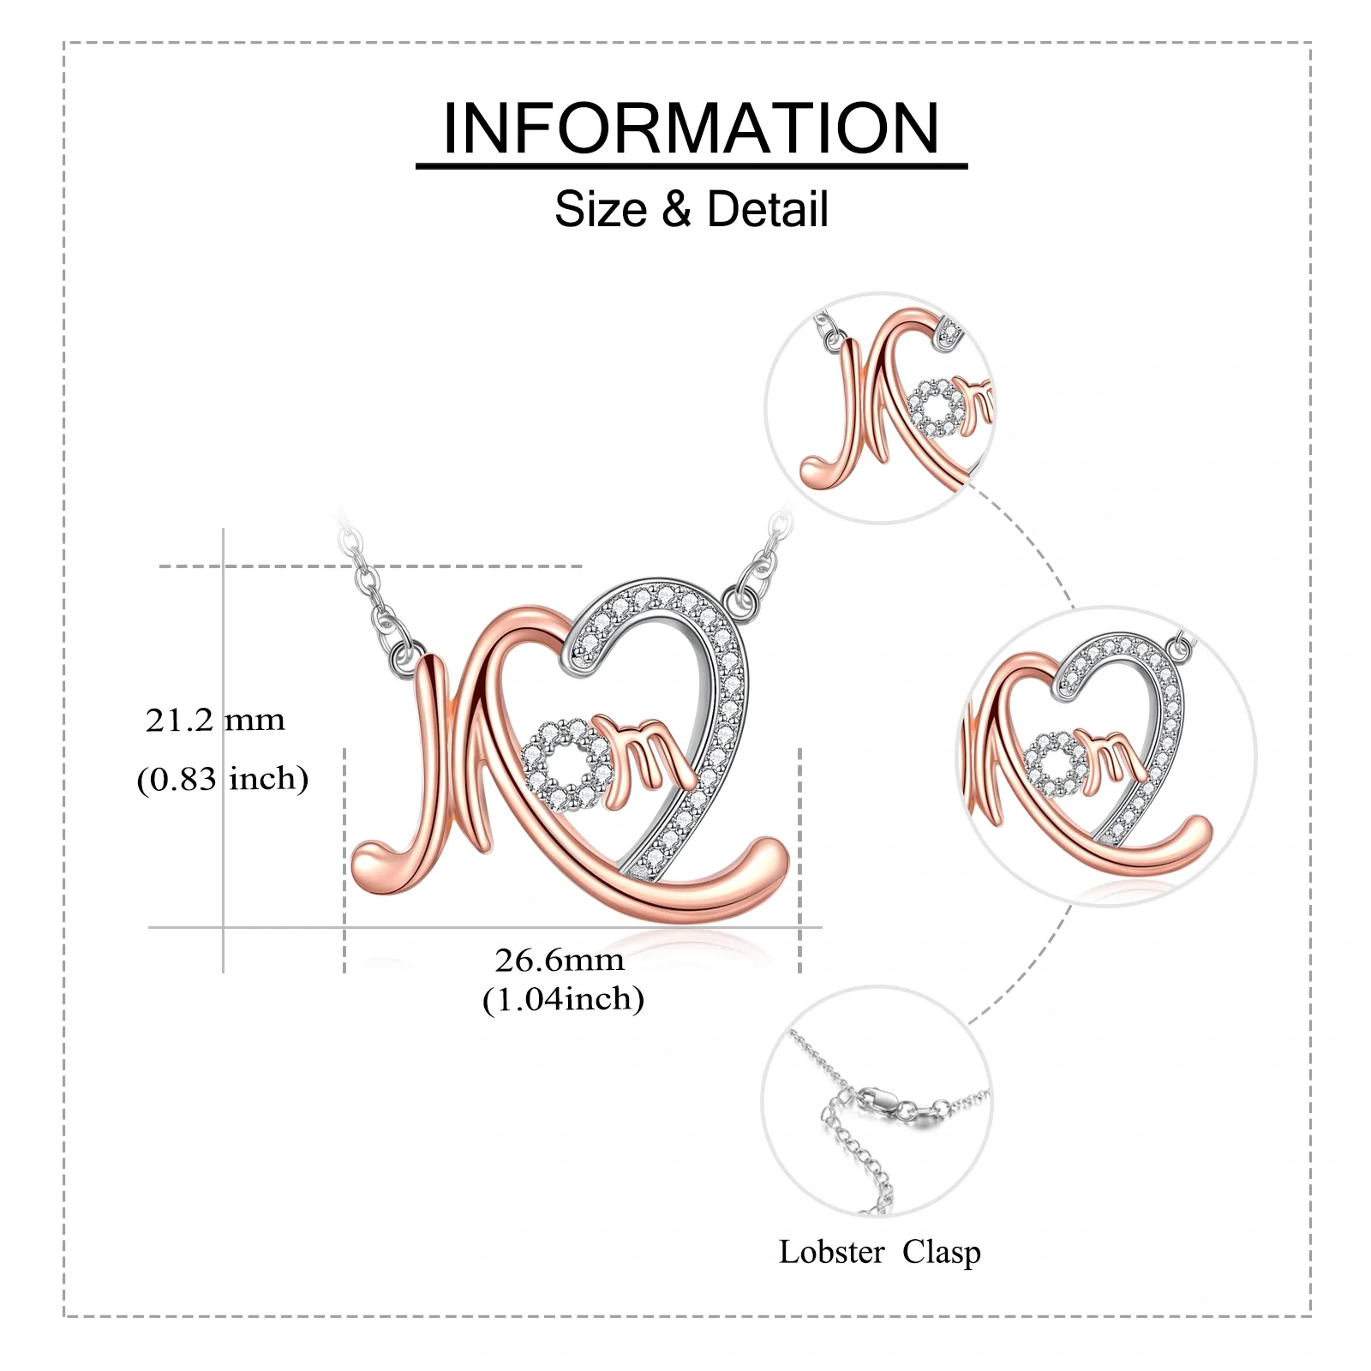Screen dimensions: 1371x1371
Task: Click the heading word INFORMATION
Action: coord(691,129)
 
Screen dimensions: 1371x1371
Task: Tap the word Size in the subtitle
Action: coord(600,209)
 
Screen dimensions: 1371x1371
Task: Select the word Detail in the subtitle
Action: coord(768,209)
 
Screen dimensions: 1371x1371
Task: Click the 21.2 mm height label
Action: coord(215,721)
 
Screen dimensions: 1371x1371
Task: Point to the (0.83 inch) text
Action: coord(223,779)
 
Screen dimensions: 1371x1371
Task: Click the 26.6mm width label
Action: coord(560,960)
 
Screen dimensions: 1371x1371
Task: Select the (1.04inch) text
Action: coord(563,999)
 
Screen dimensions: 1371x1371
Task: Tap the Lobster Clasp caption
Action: coord(879,1252)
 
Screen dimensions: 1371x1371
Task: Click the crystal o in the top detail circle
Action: coord(935,406)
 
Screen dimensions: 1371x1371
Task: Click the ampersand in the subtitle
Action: coord(676,209)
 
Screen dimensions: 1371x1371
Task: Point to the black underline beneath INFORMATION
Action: coord(691,165)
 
